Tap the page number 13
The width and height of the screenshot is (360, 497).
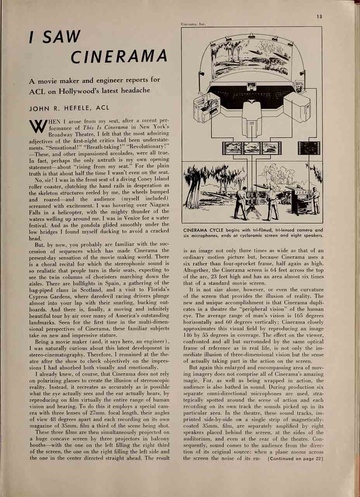point(319,16)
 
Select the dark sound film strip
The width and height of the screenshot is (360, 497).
point(309,148)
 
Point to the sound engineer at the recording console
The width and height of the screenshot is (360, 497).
point(315,200)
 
